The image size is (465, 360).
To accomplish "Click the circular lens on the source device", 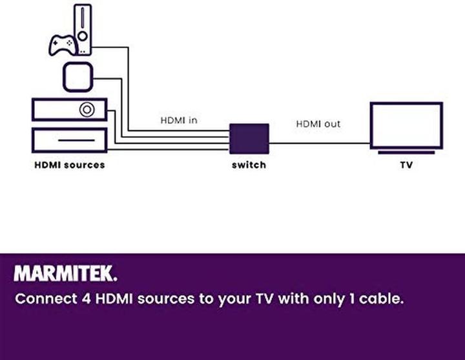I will coord(86,109).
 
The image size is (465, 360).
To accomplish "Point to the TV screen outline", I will coord(406,125).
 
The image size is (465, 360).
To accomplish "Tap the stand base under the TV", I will coord(406,152).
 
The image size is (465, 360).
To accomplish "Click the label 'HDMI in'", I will coord(179,120).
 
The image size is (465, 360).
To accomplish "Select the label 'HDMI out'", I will coord(318,123).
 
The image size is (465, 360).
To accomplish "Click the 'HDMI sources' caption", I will coord(69,165).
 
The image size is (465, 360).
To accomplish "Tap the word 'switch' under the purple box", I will coord(249,165).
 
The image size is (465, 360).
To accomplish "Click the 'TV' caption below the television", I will coord(406,165).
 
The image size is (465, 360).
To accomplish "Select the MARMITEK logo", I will coord(66,274).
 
